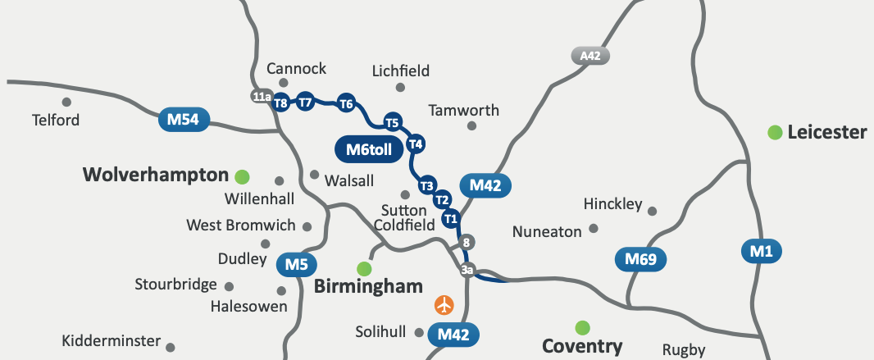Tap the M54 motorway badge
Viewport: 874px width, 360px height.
[184, 121]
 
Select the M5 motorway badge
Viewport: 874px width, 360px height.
[297, 265]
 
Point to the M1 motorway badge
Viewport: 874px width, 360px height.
[762, 251]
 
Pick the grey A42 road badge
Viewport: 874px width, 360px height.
[589, 56]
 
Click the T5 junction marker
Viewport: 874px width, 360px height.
[393, 123]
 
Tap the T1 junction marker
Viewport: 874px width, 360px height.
[450, 218]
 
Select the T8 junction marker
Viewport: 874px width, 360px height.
[281, 103]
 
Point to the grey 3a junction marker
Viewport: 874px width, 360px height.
[467, 270]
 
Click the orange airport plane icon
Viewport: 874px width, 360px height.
[444, 305]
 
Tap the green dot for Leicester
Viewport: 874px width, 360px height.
[774, 132]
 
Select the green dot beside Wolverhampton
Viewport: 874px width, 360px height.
[242, 175]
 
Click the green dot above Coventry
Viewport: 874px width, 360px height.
[582, 328]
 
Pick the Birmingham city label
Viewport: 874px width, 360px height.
[368, 286]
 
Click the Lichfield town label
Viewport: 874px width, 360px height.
[400, 71]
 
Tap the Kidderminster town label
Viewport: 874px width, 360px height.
[111, 341]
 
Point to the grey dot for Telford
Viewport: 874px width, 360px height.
[66, 103]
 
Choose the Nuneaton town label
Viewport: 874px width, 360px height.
[547, 232]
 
